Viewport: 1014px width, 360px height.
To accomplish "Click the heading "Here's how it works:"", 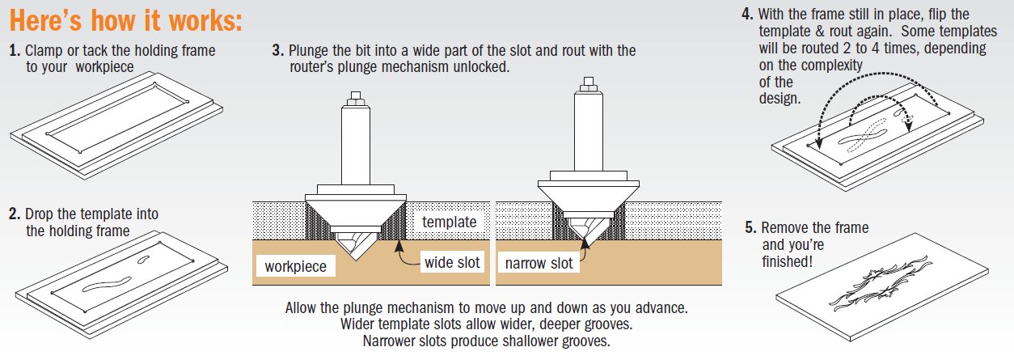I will pyautogui.click(x=125, y=20).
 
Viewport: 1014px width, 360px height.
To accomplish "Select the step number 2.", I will pyautogui.click(x=14, y=214).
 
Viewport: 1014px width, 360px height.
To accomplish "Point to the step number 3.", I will pyautogui.click(x=277, y=51).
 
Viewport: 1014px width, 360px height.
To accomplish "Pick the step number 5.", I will pyautogui.click(x=750, y=228).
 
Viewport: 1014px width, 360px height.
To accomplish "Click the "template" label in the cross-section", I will pyautogui.click(x=450, y=222).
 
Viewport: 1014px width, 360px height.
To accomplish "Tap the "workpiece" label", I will pyautogui.click(x=295, y=266).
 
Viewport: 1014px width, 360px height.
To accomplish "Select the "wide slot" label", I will pyautogui.click(x=452, y=262).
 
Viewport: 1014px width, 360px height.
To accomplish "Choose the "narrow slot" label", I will pyautogui.click(x=539, y=263).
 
